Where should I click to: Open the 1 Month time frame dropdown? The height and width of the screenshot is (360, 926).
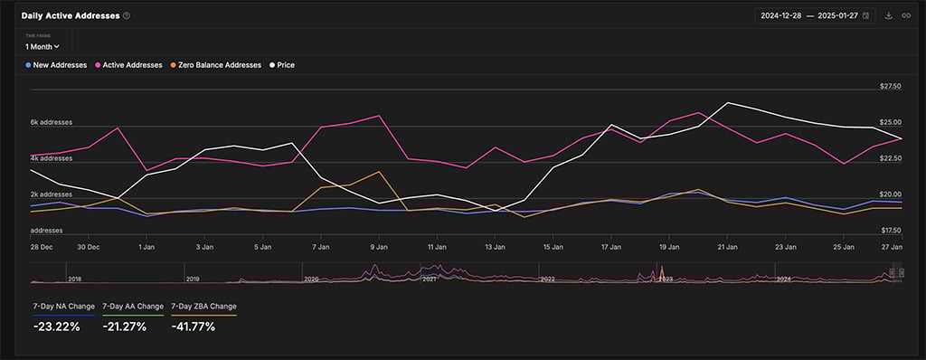(x=43, y=46)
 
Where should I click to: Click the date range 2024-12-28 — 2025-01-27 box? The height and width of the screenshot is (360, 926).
(x=815, y=15)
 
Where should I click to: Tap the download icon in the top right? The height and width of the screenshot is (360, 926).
(x=889, y=15)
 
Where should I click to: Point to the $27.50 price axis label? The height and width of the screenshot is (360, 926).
(x=890, y=87)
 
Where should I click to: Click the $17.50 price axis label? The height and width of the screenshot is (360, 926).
(x=890, y=231)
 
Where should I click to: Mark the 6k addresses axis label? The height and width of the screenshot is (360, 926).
(x=51, y=122)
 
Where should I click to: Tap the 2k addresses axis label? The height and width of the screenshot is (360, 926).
(x=51, y=194)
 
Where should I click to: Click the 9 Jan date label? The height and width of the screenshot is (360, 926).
(x=379, y=246)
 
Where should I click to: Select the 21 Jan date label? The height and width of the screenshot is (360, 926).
(x=727, y=246)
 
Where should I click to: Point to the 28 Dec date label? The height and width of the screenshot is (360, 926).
(x=42, y=246)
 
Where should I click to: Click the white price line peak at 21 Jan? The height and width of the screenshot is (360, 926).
(x=727, y=103)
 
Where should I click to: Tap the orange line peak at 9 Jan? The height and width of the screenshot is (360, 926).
(x=379, y=172)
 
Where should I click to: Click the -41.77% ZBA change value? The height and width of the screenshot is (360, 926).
(x=193, y=327)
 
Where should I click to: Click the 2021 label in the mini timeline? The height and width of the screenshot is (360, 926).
(x=430, y=279)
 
